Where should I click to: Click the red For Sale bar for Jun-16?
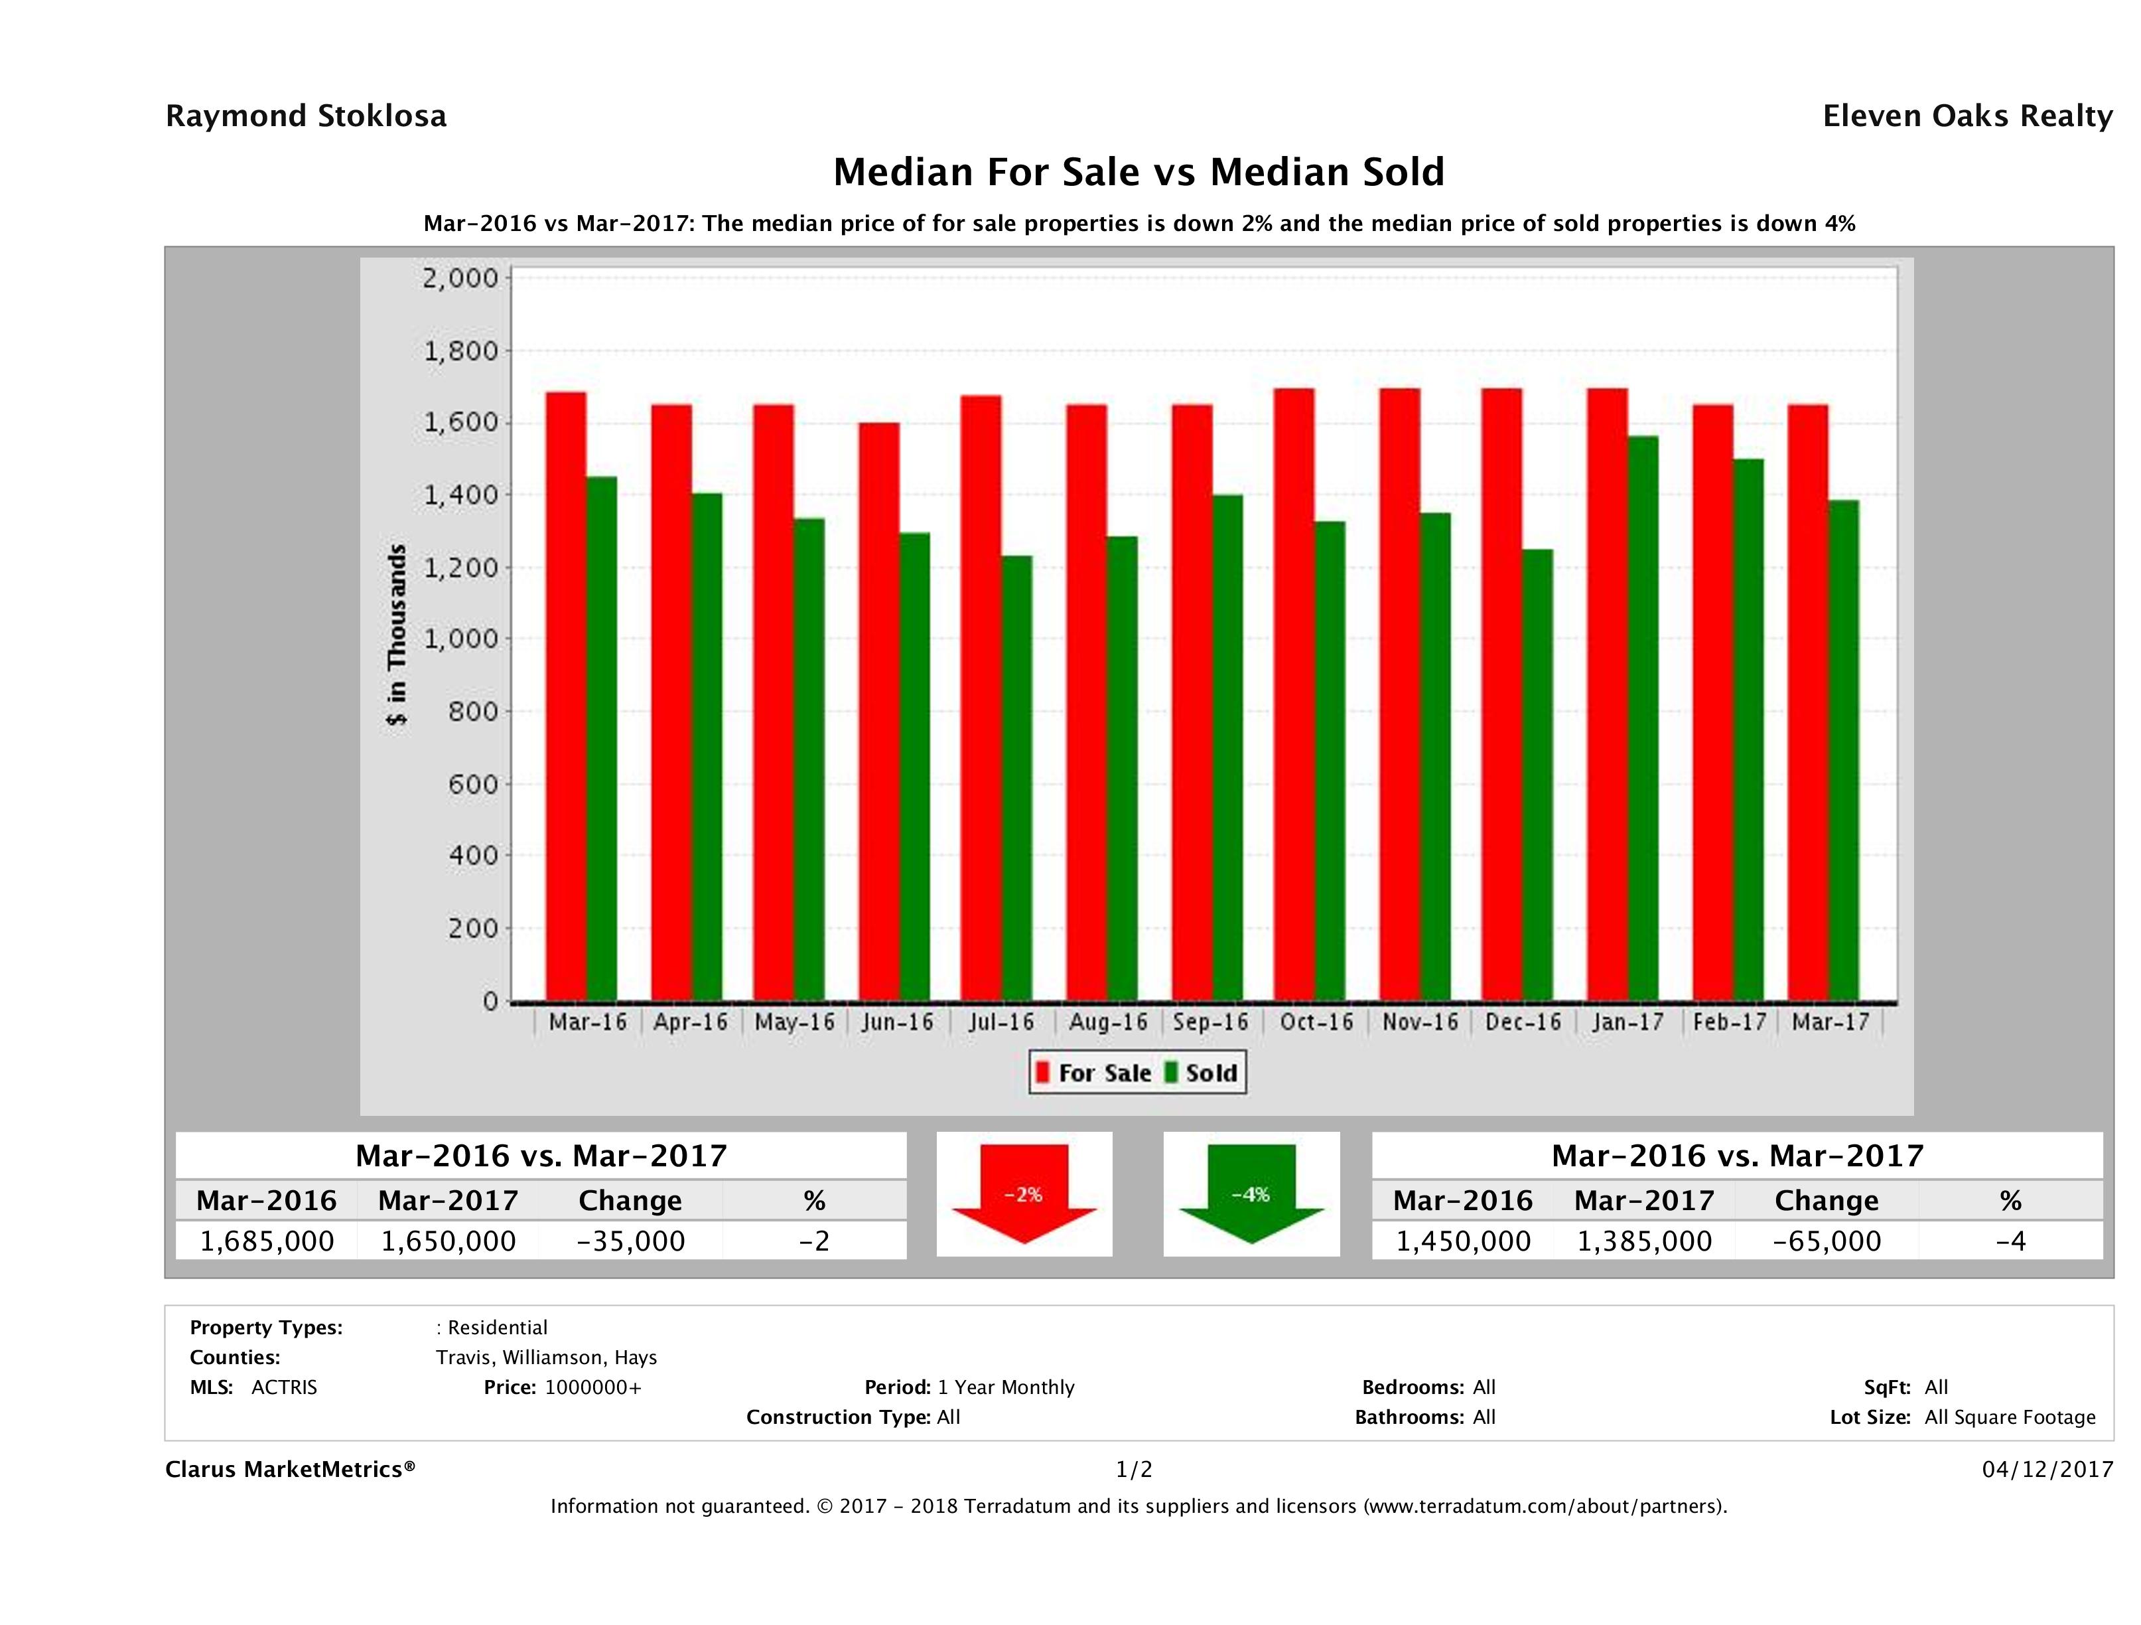878,712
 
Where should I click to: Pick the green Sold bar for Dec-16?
1537,775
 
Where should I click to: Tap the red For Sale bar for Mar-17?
1808,703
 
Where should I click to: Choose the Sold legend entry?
1200,1073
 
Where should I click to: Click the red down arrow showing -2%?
1024,1194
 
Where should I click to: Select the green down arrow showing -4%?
1251,1194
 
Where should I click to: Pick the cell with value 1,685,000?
267,1241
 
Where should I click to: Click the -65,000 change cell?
1827,1241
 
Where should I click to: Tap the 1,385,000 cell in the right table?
1645,1241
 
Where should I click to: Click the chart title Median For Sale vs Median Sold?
1139,173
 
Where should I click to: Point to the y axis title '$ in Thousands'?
397,635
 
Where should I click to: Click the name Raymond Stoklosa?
306,116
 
